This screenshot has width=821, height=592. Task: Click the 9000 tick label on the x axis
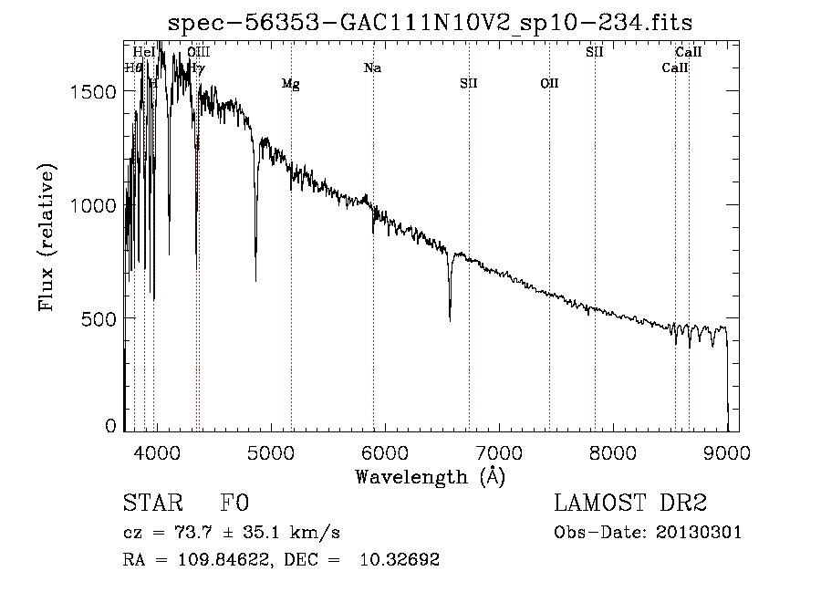coord(727,451)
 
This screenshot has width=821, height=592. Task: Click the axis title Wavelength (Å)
coord(430,476)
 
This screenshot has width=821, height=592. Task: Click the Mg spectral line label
coord(290,84)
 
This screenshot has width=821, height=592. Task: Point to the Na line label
coord(372,68)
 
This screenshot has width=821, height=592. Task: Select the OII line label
coord(549,84)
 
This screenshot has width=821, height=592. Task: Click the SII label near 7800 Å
coord(595,52)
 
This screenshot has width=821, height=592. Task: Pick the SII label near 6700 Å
coord(469,84)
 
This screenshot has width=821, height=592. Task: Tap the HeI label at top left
coord(143,52)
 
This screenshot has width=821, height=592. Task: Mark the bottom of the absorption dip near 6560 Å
coord(450,319)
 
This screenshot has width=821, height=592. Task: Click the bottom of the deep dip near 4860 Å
coord(255,280)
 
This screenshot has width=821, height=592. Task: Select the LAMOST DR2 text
coord(630,504)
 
